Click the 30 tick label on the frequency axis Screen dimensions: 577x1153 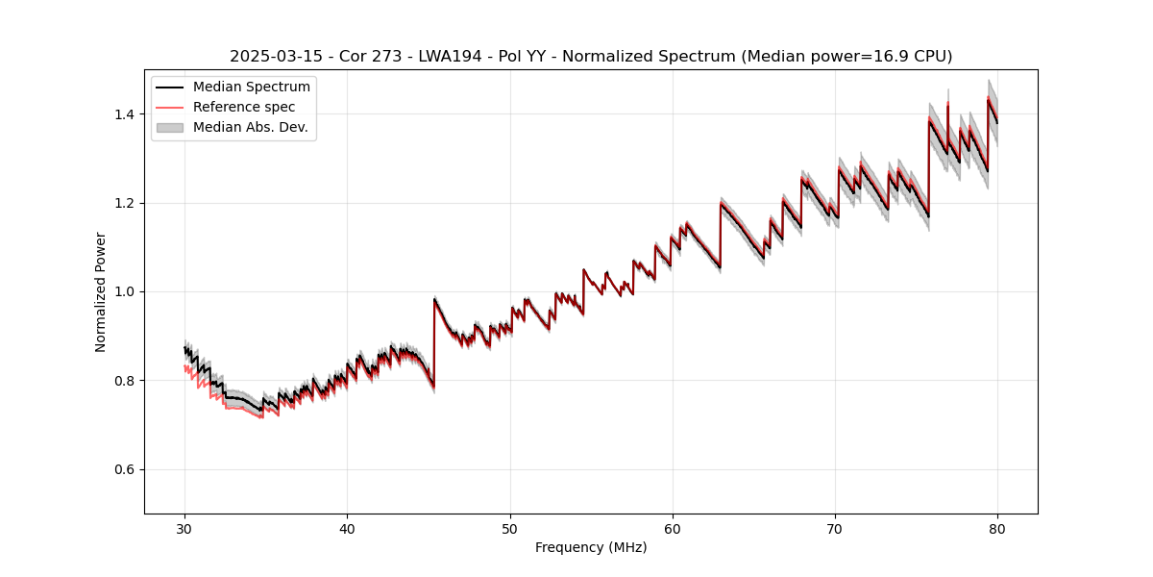point(185,529)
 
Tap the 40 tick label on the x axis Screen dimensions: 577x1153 point(348,529)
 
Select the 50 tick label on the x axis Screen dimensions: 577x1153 point(510,529)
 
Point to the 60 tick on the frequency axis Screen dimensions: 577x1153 point(673,529)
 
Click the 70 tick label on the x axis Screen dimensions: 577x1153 point(835,529)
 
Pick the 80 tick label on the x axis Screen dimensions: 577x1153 point(997,529)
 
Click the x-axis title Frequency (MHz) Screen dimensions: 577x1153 point(591,547)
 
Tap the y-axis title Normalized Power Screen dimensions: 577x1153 point(101,291)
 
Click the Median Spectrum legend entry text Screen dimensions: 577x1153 point(252,88)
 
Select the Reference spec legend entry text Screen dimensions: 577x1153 point(244,107)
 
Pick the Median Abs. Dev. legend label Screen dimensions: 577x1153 point(251,127)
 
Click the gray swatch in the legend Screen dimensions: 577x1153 point(169,127)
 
